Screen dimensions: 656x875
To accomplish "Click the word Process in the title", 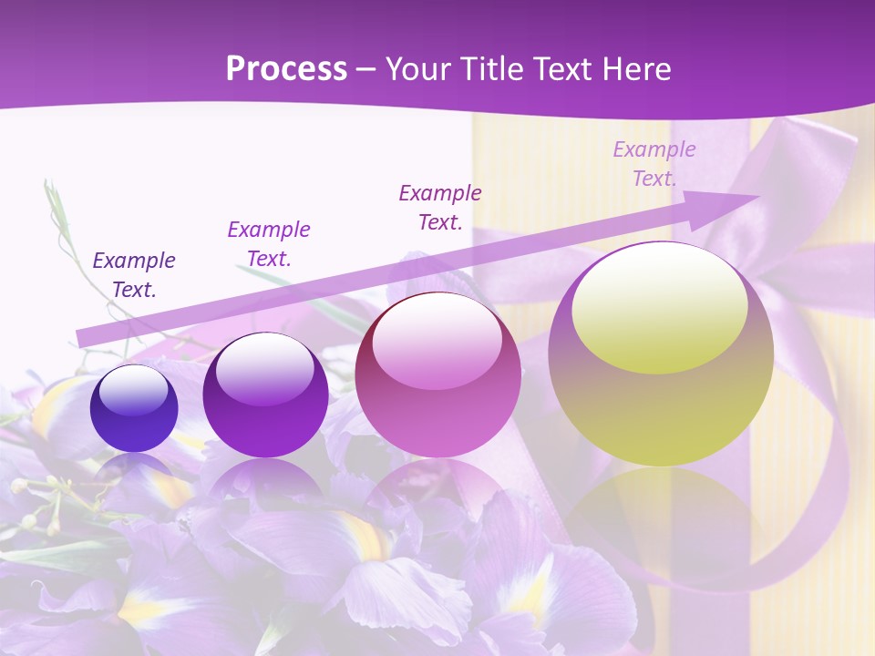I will click(286, 68).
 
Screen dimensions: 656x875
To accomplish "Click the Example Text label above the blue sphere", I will click(134, 275).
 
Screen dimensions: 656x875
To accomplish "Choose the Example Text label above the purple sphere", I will click(269, 244).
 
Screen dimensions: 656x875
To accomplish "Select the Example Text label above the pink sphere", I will click(440, 207).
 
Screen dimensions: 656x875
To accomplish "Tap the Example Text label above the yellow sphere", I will click(654, 164).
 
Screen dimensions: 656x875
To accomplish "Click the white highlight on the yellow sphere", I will click(659, 305).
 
